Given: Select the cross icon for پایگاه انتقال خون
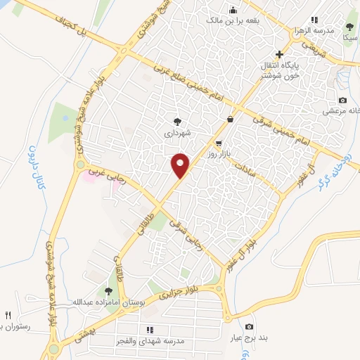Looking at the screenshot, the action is pos(279,54).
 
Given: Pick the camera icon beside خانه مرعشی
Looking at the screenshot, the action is pos(342,100).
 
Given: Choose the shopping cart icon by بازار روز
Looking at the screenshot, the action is pos(219,143).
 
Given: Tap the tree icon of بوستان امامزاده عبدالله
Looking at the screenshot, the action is pos(108,290).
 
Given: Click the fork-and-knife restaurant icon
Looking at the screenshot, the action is pos(9,315).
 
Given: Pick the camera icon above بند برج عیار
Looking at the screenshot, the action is pos(249,326).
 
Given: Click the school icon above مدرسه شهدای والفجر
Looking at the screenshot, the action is pos(148,329).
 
